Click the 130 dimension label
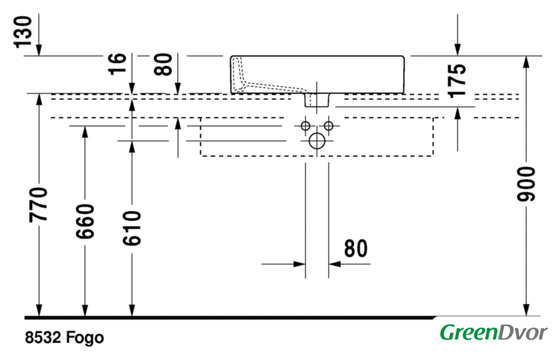click(x=23, y=31)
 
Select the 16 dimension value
click(x=117, y=64)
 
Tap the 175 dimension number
click(x=457, y=81)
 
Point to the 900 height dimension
click(x=526, y=184)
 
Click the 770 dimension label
click(x=38, y=204)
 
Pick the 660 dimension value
click(x=85, y=221)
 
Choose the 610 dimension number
click(x=132, y=228)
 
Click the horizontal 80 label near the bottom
click(x=355, y=248)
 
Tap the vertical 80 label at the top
click(x=163, y=64)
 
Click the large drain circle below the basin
click(x=317, y=141)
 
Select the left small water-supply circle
click(x=305, y=126)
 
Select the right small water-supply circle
click(x=329, y=126)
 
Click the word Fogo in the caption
click(x=85, y=337)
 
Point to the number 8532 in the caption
click(x=43, y=337)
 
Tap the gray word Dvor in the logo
click(x=523, y=333)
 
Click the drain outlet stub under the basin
click(x=317, y=100)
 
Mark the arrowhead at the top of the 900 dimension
click(x=526, y=62)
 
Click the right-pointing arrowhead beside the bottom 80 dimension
click(x=299, y=264)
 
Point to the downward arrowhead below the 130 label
click(x=38, y=50)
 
